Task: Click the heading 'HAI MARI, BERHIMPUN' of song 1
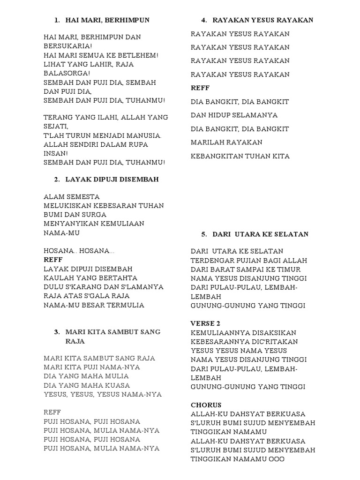(x=107, y=20)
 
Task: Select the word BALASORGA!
(x=67, y=73)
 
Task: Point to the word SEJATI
(x=56, y=127)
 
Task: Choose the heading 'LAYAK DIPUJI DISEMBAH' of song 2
(x=112, y=180)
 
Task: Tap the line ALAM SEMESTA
(x=71, y=197)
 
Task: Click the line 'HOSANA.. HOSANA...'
(x=79, y=251)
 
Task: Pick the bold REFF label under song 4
(x=200, y=88)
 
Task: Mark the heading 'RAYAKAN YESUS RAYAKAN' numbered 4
(x=263, y=20)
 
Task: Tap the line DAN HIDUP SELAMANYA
(x=234, y=115)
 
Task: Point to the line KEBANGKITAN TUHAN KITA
(x=240, y=156)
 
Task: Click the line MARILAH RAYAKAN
(x=226, y=142)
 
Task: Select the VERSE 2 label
(x=205, y=323)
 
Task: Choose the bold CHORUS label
(x=206, y=405)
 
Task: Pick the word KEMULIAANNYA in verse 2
(x=221, y=333)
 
